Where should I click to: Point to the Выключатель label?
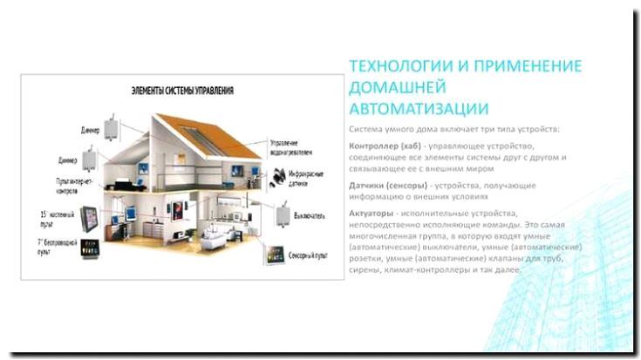click(x=308, y=215)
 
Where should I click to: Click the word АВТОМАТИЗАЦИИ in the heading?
click(x=406, y=108)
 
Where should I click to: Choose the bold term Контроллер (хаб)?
click(x=384, y=145)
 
